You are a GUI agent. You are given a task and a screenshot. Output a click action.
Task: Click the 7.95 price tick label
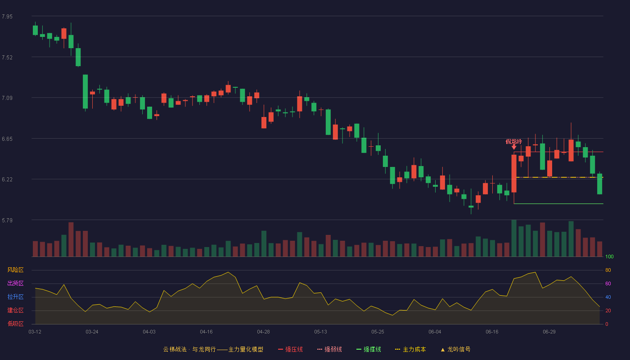click(x=7, y=17)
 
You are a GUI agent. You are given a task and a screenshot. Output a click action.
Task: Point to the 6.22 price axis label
click(x=7, y=180)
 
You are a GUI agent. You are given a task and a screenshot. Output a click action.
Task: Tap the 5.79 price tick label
click(x=7, y=220)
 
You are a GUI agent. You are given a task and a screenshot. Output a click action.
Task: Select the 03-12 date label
click(x=35, y=332)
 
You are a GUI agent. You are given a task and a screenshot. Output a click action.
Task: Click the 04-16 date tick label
click(x=206, y=332)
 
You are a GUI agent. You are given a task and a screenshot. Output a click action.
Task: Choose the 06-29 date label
click(x=549, y=332)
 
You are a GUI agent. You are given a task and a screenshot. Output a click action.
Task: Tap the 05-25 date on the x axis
click(x=378, y=332)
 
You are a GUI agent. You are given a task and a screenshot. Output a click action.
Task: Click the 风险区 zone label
click(x=15, y=270)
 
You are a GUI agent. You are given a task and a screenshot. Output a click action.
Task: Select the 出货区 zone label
click(x=15, y=283)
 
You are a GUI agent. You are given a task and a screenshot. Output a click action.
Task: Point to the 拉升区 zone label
click(x=15, y=297)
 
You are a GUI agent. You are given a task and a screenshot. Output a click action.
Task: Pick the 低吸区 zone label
click(x=15, y=324)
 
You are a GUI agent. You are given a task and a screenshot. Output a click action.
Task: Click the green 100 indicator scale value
click(x=609, y=256)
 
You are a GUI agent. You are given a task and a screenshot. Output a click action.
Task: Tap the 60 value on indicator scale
click(x=608, y=283)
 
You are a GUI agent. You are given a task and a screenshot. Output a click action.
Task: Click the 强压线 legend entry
click(x=290, y=349)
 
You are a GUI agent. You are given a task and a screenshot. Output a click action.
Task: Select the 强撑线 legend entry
click(x=369, y=349)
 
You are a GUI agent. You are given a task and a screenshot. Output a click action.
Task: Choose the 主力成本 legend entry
click(x=410, y=349)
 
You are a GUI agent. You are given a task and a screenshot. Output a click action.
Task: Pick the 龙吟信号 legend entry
click(x=455, y=349)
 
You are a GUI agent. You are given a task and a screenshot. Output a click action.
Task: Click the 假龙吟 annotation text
click(x=514, y=141)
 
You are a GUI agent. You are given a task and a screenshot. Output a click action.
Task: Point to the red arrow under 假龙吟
click(x=514, y=147)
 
